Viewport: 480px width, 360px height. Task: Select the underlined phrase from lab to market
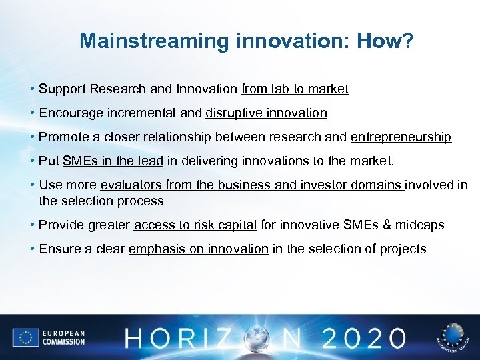[295, 89]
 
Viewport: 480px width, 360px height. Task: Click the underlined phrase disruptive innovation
[266, 113]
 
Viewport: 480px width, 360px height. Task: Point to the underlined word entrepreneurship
[401, 137]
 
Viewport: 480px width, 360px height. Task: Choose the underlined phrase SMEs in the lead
[113, 161]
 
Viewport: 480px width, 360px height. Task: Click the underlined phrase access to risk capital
[195, 225]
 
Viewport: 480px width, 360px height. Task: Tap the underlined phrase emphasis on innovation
[198, 249]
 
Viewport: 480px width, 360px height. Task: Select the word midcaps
[420, 225]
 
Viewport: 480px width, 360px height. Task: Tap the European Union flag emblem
[26, 337]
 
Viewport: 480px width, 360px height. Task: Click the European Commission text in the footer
[64, 337]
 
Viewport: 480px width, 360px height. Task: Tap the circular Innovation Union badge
[453, 337]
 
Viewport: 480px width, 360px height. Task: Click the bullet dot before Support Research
[32, 89]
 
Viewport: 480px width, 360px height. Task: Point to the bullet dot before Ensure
[32, 249]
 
